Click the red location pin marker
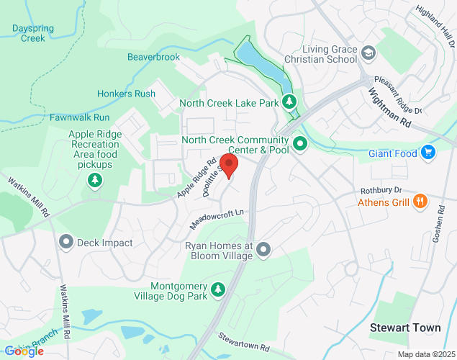229,165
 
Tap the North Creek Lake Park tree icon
289,102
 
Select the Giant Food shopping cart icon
429,152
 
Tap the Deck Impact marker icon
67,243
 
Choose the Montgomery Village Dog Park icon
218,289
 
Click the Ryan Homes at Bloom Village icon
263,250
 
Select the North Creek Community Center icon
300,144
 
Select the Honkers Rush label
126,94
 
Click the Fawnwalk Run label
79,117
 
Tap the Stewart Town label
405,328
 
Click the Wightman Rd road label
389,108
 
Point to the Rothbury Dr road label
381,190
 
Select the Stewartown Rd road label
244,341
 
